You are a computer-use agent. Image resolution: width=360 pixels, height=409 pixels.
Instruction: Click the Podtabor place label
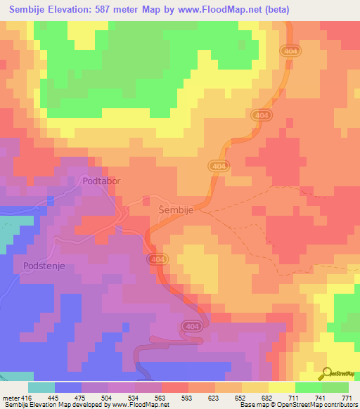tap(101, 181)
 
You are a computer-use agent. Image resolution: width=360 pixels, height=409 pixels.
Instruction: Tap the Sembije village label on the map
tap(173, 209)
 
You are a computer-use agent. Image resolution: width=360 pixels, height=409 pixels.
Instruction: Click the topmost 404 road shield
tap(290, 51)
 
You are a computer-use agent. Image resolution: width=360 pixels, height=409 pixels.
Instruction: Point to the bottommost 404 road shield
tap(191, 326)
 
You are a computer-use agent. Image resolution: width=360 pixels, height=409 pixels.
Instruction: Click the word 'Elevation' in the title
tap(76, 10)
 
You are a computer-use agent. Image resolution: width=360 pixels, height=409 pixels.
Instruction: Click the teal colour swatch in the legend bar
tap(41, 387)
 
